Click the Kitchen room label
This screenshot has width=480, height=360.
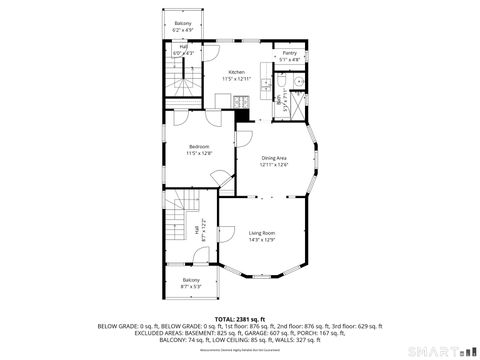[x=236, y=72]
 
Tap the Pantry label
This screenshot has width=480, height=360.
[x=289, y=53]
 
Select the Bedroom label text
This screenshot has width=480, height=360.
[x=200, y=147]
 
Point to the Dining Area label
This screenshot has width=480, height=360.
[x=275, y=157]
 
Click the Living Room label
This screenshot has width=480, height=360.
[x=262, y=233]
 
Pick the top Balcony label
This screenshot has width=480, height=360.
[x=183, y=23]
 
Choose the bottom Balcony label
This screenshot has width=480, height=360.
[x=191, y=280]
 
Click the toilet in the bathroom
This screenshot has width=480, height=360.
[x=297, y=83]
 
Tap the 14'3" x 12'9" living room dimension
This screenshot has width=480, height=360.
[x=262, y=240]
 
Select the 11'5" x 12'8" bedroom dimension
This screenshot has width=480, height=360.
[x=200, y=154]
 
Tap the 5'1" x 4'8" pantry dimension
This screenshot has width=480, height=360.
[x=289, y=60]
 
